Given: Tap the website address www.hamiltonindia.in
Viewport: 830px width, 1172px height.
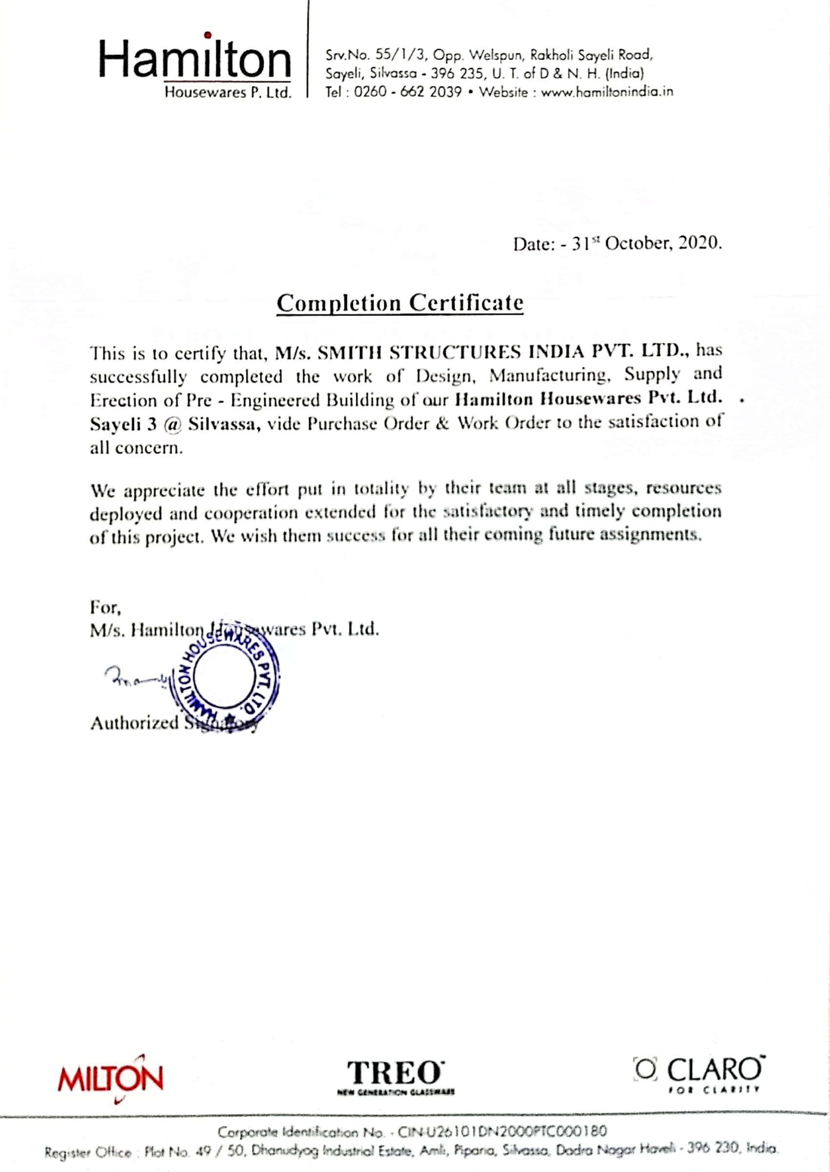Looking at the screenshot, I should click(607, 92).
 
